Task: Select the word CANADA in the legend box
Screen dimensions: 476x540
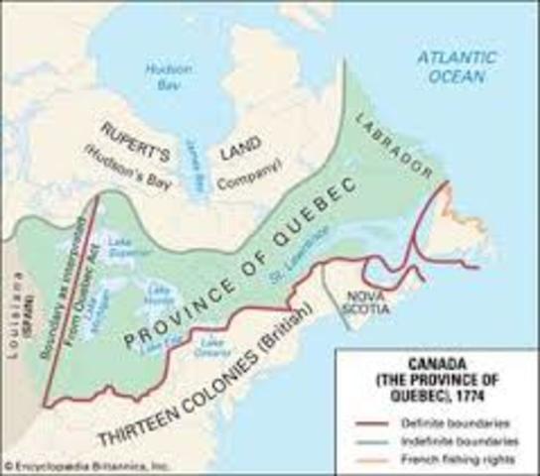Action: click(436, 359)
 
